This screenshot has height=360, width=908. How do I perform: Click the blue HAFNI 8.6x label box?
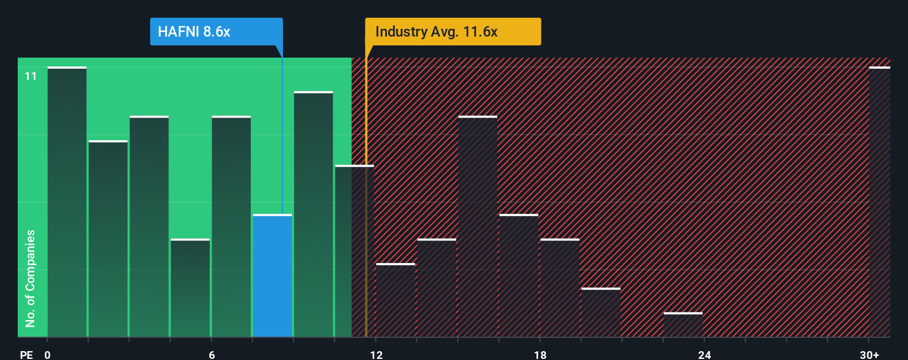pyautogui.click(x=216, y=32)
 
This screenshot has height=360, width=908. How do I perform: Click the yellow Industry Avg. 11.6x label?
pyautogui.click(x=452, y=32)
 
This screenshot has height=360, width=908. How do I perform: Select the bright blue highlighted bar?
pyautogui.click(x=272, y=276)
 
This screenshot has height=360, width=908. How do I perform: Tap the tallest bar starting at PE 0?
pyautogui.click(x=67, y=202)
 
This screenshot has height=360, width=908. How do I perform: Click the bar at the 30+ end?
pyautogui.click(x=879, y=202)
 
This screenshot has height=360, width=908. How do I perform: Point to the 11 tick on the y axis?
pyautogui.click(x=30, y=76)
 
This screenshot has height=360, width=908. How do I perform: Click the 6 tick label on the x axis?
pyautogui.click(x=211, y=354)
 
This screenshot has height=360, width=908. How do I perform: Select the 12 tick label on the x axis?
pyautogui.click(x=376, y=354)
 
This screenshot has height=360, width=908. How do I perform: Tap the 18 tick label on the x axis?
pyautogui.click(x=540, y=354)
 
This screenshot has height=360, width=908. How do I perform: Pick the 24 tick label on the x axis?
pyautogui.click(x=704, y=354)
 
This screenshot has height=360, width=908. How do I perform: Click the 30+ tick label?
pyautogui.click(x=869, y=354)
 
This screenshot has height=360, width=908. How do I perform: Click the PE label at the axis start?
pyautogui.click(x=26, y=354)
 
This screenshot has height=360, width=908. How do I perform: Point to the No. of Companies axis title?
pyautogui.click(x=30, y=278)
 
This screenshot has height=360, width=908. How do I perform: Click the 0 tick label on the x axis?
pyautogui.click(x=48, y=354)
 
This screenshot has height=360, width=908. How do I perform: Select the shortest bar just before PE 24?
pyautogui.click(x=683, y=325)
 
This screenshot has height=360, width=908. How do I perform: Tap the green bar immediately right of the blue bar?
pyautogui.click(x=313, y=214)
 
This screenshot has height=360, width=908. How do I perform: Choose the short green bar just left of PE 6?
pyautogui.click(x=190, y=288)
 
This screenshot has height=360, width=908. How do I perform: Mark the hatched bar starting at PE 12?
pyautogui.click(x=395, y=300)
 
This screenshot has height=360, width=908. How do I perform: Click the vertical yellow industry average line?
pyautogui.click(x=366, y=222)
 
